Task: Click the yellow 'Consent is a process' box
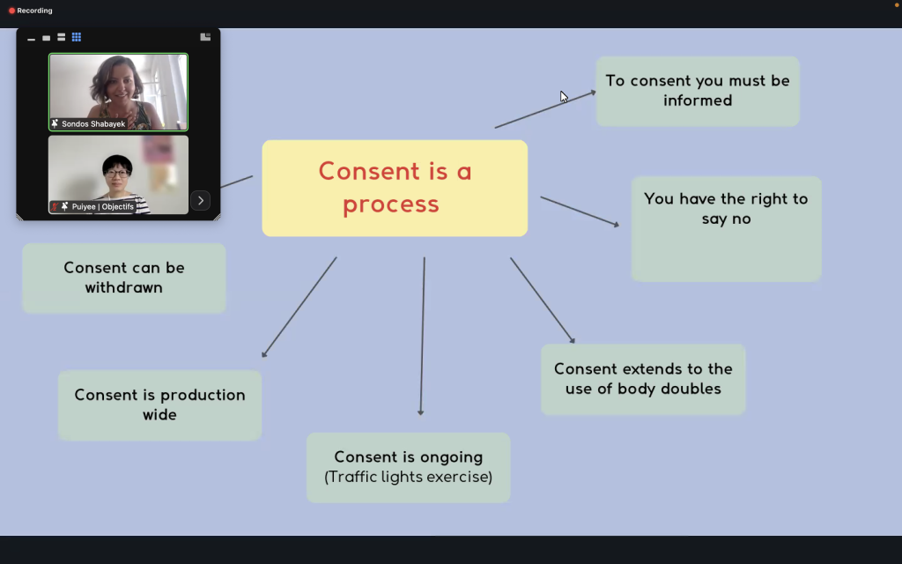(395, 188)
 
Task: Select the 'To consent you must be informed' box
(698, 91)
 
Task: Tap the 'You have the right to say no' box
(726, 228)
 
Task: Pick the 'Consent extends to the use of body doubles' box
(643, 379)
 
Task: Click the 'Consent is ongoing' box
(408, 467)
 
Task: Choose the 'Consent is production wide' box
(159, 404)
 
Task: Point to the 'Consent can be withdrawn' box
(124, 278)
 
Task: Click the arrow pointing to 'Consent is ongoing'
(423, 335)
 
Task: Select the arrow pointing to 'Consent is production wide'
(299, 307)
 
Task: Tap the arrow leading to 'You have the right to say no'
(580, 211)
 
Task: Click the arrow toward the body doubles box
(542, 300)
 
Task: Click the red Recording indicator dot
(11, 11)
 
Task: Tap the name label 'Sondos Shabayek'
(92, 124)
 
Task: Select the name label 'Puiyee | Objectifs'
(103, 206)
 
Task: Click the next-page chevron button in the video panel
(201, 200)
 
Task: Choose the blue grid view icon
(77, 37)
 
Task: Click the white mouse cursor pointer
(564, 96)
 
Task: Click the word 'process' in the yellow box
(390, 204)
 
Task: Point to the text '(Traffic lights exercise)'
(408, 477)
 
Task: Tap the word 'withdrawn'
(123, 287)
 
